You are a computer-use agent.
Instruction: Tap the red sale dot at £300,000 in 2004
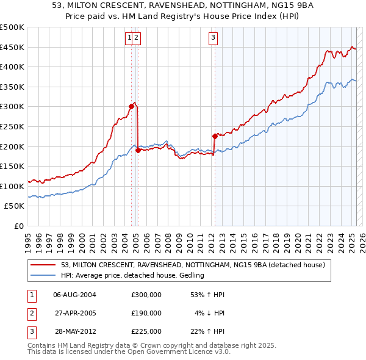click(x=131, y=106)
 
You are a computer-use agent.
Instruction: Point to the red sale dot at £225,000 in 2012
click(x=215, y=136)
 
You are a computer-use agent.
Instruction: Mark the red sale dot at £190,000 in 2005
click(x=138, y=150)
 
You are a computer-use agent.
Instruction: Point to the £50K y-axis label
click(x=15, y=206)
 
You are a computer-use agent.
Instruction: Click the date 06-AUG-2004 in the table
click(x=75, y=295)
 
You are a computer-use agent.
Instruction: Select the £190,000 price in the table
click(x=146, y=313)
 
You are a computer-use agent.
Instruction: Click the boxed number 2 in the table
click(x=30, y=313)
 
